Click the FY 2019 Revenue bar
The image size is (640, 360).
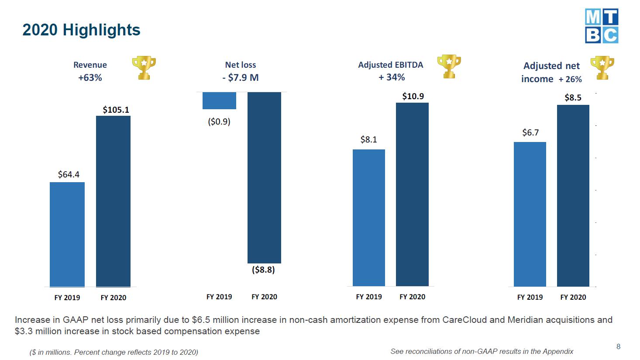pos(67,235)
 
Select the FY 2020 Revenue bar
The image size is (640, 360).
pos(113,201)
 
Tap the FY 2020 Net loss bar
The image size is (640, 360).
pos(264,177)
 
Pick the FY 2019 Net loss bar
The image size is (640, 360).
pos(220,100)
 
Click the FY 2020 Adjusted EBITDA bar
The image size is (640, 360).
pos(412,194)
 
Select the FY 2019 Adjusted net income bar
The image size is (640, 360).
pos(530,214)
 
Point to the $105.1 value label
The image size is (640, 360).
pos(116,110)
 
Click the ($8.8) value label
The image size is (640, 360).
pos(263,270)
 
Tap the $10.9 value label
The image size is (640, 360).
pos(413,96)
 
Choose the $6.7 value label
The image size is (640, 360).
pos(530,133)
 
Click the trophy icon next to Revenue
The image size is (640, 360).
pos(144,68)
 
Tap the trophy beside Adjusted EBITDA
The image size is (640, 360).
pos(449,66)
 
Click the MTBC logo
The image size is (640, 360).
pos(602,26)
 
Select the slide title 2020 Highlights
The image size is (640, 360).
pos(82,30)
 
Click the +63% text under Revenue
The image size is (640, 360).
pos(90,78)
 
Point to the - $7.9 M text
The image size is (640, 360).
pos(241,77)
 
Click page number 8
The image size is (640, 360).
pos(618,346)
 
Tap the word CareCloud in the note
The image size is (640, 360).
pos(465,320)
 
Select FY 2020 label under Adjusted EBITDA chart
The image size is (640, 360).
pos(412,297)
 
